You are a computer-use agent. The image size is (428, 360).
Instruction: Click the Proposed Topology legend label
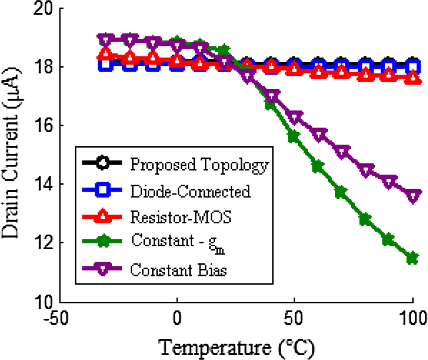pyautogui.click(x=199, y=165)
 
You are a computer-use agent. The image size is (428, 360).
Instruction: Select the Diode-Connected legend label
pyautogui.click(x=190, y=191)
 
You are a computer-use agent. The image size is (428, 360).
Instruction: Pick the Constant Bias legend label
pyautogui.click(x=178, y=270)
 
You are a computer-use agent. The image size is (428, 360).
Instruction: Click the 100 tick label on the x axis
pyautogui.click(x=413, y=318)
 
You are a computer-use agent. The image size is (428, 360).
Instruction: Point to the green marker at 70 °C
pyautogui.click(x=341, y=192)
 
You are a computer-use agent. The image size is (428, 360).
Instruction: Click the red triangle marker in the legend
pyautogui.click(x=102, y=217)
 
